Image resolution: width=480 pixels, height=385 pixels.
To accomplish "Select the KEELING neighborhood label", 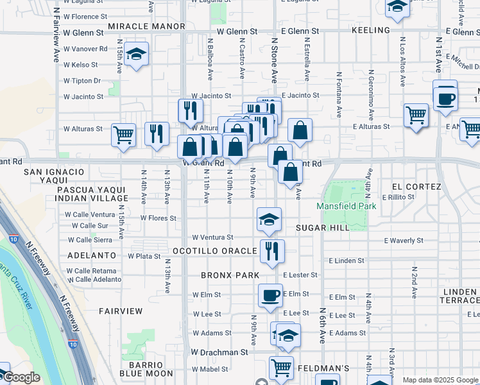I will tap(371, 30).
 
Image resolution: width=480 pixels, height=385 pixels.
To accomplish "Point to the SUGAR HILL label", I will tap(323, 228).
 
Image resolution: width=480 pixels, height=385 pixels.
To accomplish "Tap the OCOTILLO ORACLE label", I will tap(215, 250).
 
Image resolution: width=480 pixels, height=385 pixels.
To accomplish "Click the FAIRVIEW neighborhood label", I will tap(121, 311).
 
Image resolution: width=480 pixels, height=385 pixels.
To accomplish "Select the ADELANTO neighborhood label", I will tap(90, 255).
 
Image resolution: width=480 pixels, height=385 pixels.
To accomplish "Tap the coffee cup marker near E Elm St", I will tap(270, 295).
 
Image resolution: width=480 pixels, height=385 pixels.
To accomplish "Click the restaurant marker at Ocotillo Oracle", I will tap(272, 250).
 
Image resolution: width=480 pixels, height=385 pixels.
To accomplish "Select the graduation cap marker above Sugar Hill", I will tap(269, 219).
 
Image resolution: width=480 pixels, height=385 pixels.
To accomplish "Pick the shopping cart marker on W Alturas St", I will tap(124, 135).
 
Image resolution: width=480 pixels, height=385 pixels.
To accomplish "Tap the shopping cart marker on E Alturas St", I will tap(416, 116).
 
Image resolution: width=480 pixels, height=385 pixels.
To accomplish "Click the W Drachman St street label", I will tap(219, 352).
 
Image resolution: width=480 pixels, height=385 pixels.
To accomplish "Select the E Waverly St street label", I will tap(403, 241).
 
